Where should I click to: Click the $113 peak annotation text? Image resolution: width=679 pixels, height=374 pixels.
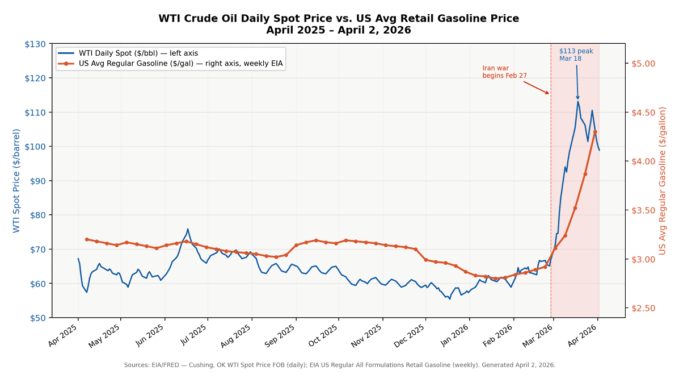pos(576,55)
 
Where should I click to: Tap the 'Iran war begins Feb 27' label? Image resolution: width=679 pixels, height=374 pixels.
pos(504,72)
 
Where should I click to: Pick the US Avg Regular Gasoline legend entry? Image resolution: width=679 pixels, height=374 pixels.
pos(180,63)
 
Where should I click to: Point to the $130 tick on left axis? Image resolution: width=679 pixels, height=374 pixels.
pos(35,44)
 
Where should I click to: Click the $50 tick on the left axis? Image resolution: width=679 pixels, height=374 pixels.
pos(37,318)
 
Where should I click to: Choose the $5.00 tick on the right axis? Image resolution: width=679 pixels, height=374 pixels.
pos(643,63)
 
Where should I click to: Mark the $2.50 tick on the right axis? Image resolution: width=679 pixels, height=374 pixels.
pos(643,308)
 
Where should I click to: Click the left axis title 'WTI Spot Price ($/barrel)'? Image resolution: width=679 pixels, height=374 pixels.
pos(16,181)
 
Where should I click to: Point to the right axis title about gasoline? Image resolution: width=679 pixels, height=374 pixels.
pos(662,181)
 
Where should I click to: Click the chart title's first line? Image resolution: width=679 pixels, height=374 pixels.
pos(339,18)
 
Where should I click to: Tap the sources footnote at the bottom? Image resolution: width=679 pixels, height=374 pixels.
pos(339,365)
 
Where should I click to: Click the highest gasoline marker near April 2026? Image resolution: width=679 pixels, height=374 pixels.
pos(595,131)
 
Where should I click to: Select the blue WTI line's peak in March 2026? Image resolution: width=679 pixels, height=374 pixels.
pos(578,101)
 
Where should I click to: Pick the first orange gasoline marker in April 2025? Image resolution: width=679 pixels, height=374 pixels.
pos(86,239)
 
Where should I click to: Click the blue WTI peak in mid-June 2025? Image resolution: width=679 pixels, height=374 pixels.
pos(188,229)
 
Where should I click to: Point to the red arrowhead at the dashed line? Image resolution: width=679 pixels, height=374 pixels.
pos(548,94)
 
